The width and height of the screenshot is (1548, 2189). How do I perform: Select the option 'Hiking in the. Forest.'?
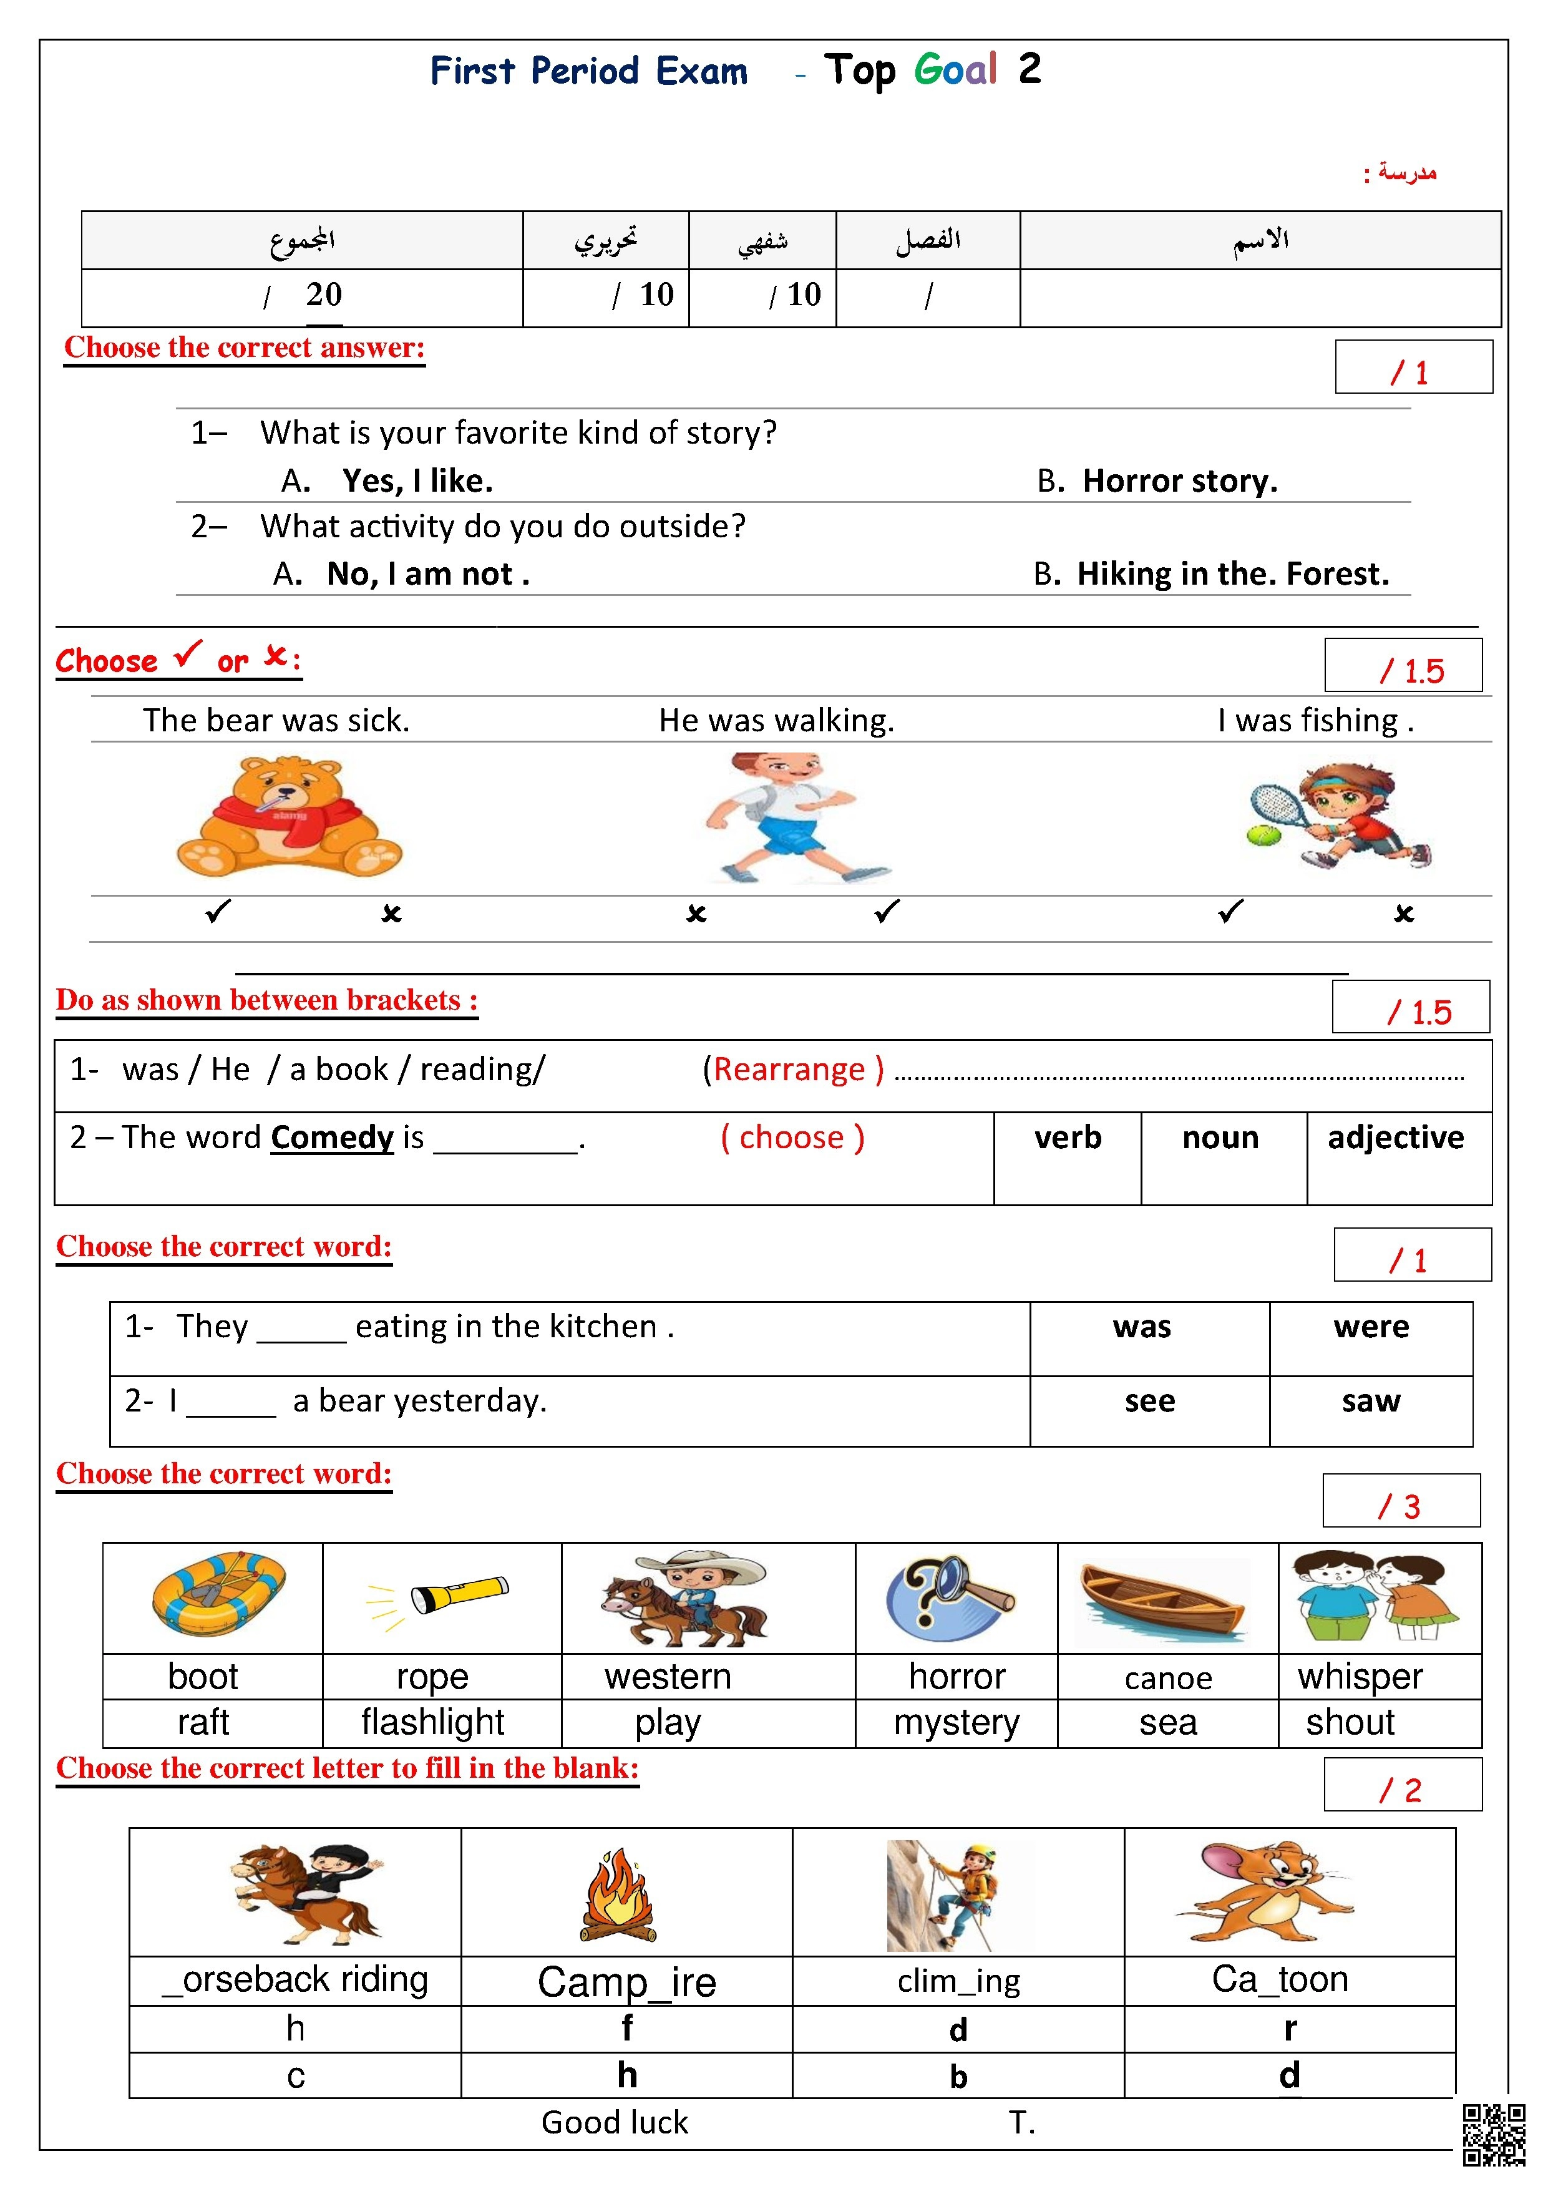coord(1232,574)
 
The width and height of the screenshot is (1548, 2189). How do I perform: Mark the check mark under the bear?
coord(217,912)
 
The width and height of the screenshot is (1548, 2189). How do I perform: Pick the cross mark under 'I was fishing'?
coord(1403,914)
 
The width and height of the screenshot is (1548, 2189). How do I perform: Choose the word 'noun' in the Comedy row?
coord(1220,1138)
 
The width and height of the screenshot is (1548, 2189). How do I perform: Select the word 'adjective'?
coord(1396,1138)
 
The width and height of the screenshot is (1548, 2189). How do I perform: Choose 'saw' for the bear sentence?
coord(1371,1400)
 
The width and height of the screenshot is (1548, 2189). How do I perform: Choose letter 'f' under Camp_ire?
coord(626,2028)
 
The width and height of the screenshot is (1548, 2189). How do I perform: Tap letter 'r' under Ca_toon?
coord(1290,2028)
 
